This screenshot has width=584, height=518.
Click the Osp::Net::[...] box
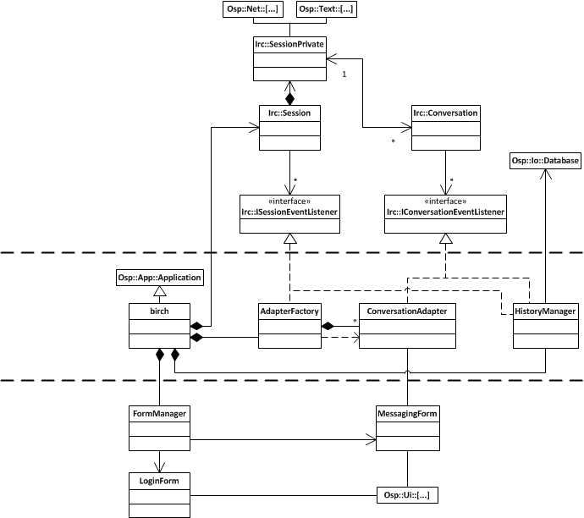(253, 9)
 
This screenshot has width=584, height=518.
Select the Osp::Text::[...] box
(326, 9)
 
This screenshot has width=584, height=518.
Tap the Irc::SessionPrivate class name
(289, 44)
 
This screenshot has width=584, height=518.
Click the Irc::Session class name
(289, 113)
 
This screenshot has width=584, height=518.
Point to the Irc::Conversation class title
(445, 113)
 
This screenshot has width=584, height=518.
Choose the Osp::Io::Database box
(545, 161)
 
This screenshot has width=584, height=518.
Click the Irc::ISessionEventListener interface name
(289, 212)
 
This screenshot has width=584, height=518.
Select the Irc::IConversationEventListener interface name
(445, 212)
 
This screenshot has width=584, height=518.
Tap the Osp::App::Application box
(160, 278)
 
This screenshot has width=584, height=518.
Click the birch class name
(159, 311)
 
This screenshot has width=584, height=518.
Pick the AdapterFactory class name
(289, 311)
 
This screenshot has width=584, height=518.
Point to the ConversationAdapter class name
(407, 311)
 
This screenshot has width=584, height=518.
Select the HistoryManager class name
(545, 311)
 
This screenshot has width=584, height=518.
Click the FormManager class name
(159, 414)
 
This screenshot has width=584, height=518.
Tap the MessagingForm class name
(407, 414)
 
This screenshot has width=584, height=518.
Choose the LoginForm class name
(159, 481)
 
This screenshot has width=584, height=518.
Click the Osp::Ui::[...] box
(407, 495)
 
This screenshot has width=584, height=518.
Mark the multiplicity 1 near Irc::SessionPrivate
(344, 74)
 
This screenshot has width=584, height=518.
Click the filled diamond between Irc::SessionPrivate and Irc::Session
(289, 99)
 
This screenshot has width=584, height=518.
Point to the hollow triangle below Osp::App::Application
(160, 291)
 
